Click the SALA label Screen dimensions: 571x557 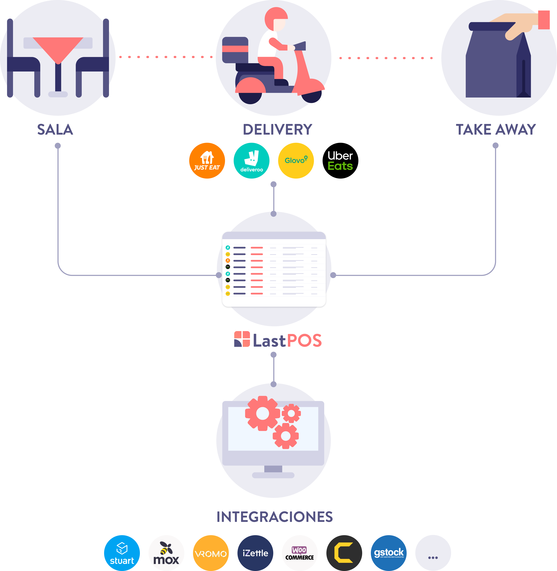tap(55, 129)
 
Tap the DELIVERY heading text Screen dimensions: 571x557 tap(278, 129)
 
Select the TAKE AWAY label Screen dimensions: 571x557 tap(496, 129)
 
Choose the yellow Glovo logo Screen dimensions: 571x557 tap(296, 160)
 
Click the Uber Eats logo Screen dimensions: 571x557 tap(340, 160)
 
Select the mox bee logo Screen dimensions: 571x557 tap(166, 553)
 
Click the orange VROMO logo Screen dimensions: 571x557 tap(211, 553)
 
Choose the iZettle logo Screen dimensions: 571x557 tap(255, 553)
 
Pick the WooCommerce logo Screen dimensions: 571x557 tap(300, 553)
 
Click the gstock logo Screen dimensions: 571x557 tap(389, 553)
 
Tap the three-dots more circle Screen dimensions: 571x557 tap(433, 553)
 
